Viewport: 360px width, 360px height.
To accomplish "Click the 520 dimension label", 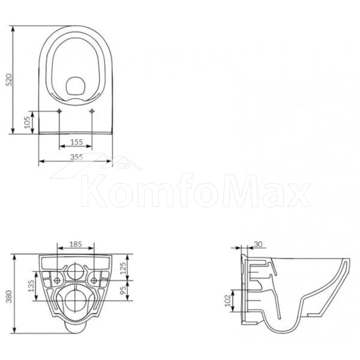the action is pos(9,80).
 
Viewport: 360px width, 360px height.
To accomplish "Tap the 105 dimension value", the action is pos(27,122).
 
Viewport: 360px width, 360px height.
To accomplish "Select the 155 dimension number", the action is pos(76,142).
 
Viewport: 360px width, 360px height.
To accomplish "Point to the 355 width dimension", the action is pos(77,157).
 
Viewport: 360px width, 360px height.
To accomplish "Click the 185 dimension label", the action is pos(76,244).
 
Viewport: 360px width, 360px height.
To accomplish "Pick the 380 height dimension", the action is pos(9,296).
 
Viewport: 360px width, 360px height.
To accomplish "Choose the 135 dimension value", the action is pos(31,286).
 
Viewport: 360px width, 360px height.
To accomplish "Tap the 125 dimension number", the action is pos(123,268).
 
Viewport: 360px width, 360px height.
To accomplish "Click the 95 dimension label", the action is pos(123,290).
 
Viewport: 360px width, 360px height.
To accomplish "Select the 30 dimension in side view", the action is pos(258,244).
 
